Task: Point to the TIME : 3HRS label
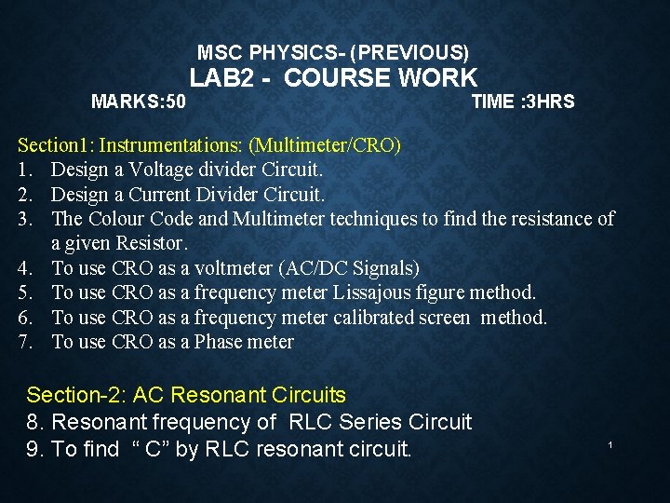click(x=523, y=102)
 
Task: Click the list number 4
click(x=25, y=268)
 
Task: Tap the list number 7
click(x=25, y=342)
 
